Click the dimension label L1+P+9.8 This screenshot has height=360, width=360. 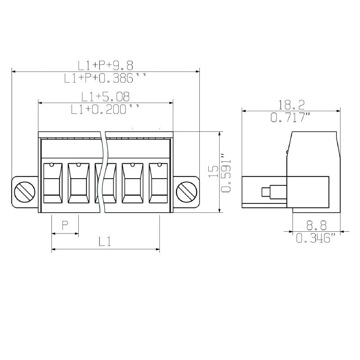pyautogui.click(x=105, y=65)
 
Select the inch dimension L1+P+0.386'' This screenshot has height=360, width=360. pyautogui.click(x=105, y=78)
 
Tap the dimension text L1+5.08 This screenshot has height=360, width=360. pyautogui.click(x=105, y=96)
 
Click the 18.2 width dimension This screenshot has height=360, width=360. pyautogui.click(x=291, y=105)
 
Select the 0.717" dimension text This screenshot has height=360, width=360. pyautogui.click(x=291, y=117)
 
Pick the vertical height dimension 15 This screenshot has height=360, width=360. pyautogui.click(x=214, y=172)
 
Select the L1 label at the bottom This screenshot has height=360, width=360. pyautogui.click(x=105, y=242)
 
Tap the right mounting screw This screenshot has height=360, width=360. pyautogui.click(x=186, y=192)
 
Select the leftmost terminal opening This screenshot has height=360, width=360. pyautogui.click(x=52, y=184)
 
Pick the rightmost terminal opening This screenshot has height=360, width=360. pyautogui.click(x=158, y=184)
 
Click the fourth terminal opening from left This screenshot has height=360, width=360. pyautogui.click(x=132, y=184)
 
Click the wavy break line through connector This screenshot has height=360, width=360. pyautogui.click(x=103, y=171)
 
